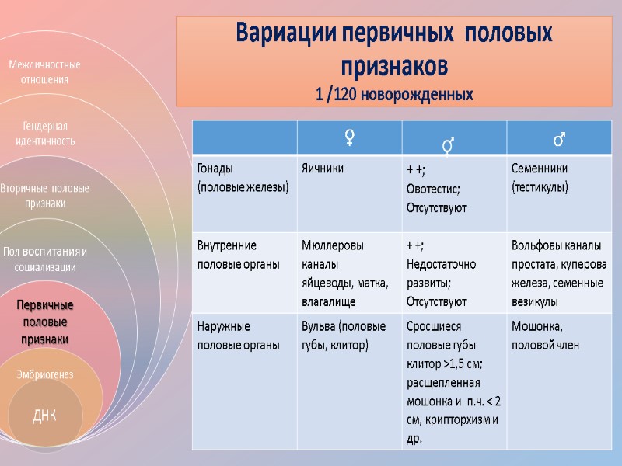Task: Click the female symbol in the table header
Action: coord(350,138)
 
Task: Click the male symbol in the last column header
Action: coord(558,139)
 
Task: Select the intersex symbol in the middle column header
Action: coord(448,144)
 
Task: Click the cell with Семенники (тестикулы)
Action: coord(540,177)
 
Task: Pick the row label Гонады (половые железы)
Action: coord(243,177)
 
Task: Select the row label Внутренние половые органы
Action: coord(239,255)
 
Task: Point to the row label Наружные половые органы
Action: coord(239,336)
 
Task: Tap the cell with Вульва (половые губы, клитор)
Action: coord(344,336)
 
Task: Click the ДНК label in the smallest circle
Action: coord(44,416)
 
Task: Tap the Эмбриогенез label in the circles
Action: coord(45,374)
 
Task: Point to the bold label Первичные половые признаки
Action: coord(45,322)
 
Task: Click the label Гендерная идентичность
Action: coord(45,134)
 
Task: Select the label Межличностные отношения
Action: coord(44,71)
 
